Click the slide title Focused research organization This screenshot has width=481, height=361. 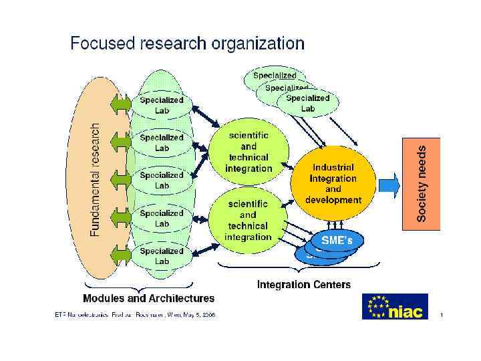(187, 44)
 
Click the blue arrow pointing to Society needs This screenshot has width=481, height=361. (387, 182)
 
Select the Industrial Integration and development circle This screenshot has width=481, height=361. (333, 182)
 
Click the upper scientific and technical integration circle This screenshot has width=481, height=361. (249, 152)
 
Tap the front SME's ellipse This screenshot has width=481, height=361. (332, 239)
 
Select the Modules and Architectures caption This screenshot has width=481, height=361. (148, 298)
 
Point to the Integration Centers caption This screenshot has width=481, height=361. (304, 285)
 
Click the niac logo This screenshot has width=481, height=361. (395, 307)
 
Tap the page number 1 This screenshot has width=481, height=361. (442, 314)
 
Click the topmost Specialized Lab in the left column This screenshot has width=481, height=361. (162, 105)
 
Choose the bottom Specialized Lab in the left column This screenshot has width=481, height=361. (162, 256)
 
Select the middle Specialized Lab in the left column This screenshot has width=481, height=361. (162, 180)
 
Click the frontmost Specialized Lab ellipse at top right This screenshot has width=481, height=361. (308, 103)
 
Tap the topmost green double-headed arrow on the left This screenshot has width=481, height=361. (122, 104)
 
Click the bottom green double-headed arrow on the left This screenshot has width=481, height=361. (122, 255)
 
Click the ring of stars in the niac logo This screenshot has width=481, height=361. (379, 307)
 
